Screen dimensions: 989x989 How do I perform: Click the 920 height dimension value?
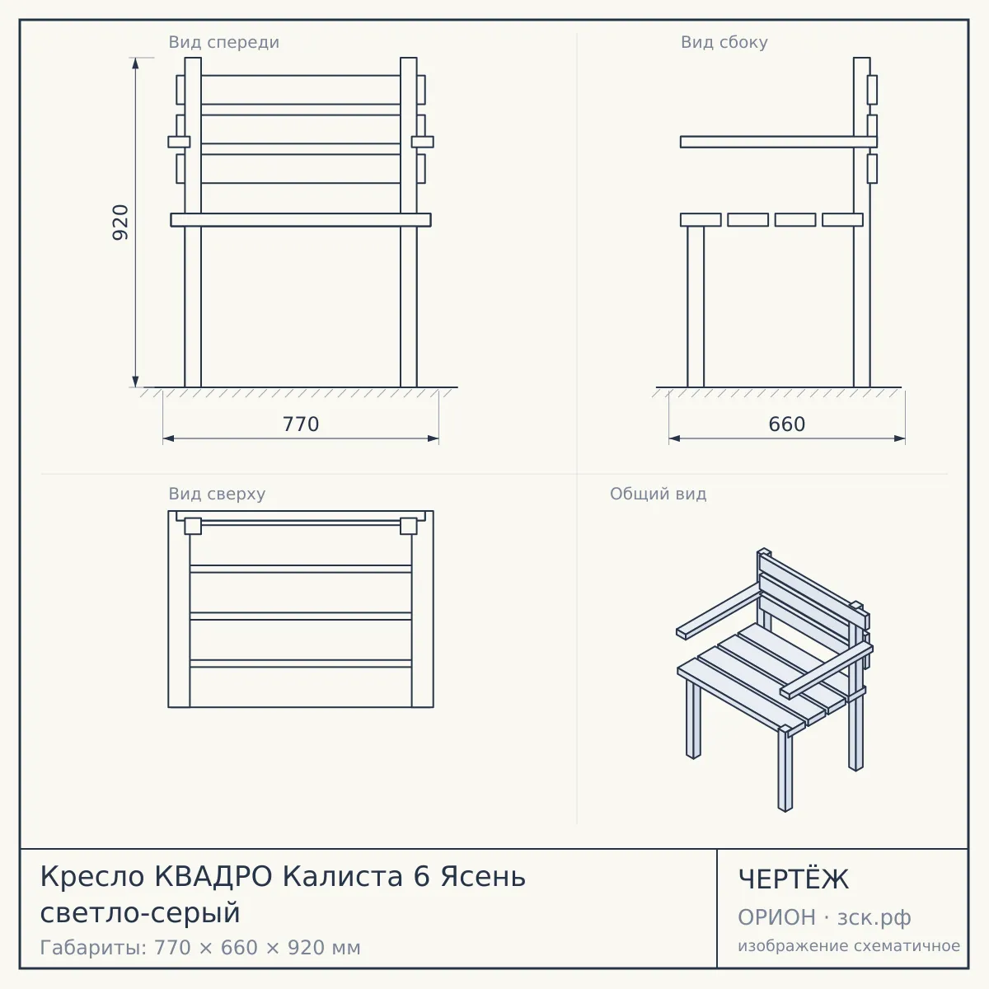120,223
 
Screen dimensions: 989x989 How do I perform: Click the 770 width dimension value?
301,424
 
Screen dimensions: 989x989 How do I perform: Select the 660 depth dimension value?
787,424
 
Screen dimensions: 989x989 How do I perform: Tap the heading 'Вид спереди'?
224,42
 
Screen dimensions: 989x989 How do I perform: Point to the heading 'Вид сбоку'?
724,42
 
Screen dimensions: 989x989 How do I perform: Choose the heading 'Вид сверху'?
217,494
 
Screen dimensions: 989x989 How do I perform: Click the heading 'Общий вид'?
658,494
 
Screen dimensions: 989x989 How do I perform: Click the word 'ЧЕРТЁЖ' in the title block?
794,879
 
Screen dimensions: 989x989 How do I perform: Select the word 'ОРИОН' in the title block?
776,917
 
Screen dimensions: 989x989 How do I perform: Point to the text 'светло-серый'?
140,913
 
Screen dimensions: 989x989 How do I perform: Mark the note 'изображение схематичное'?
849,945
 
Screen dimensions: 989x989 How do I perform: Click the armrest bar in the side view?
779,142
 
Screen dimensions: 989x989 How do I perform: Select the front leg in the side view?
696,307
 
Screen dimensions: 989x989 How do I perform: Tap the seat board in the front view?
301,220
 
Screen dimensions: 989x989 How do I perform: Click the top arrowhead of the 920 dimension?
135,63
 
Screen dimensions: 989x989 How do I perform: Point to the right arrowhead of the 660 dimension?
900,438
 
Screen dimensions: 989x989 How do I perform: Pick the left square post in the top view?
193,526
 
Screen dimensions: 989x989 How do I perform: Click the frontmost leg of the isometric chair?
785,769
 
